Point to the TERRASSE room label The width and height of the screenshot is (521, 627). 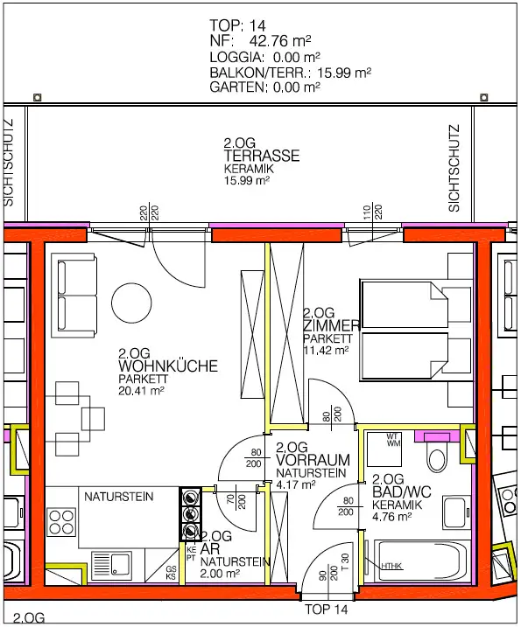(x=262, y=156)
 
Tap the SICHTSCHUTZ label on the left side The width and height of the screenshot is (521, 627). (x=9, y=163)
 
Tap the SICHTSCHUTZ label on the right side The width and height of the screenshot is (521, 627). (x=454, y=167)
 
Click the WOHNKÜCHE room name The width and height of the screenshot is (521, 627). (x=167, y=367)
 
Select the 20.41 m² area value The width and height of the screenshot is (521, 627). (x=142, y=392)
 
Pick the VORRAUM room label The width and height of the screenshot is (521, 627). (x=313, y=459)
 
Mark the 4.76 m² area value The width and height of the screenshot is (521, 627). (x=391, y=516)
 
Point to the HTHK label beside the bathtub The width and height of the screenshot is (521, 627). (x=391, y=566)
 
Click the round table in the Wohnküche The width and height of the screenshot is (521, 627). (x=137, y=308)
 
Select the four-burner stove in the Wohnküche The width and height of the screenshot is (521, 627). (x=62, y=521)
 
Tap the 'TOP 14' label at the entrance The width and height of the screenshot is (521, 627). (x=327, y=609)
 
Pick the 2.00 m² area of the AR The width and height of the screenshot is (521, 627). (x=220, y=574)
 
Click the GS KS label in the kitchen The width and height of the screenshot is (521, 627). (x=171, y=573)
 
